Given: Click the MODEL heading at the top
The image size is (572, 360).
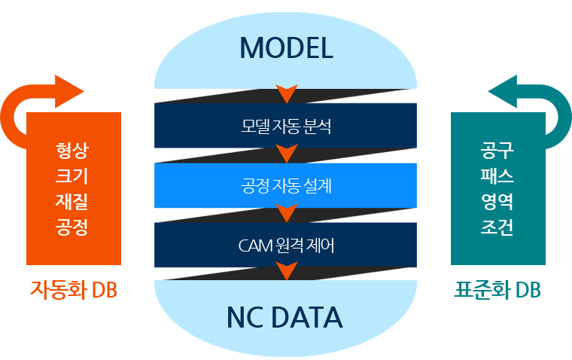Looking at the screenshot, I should coord(285,48).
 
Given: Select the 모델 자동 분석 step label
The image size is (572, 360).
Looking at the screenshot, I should coord(285,125).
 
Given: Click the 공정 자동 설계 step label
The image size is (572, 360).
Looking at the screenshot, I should coord(285,185).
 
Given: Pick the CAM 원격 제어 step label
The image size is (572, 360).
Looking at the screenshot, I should coord(285,246).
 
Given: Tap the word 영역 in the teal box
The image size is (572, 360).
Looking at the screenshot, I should coord(497,200).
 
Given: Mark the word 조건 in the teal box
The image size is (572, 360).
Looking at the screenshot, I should coord(497,226).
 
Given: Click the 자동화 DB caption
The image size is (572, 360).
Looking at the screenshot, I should coord(73,290).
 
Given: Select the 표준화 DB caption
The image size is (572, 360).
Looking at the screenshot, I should coord(497,290).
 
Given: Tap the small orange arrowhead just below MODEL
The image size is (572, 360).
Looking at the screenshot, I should coord(286,95).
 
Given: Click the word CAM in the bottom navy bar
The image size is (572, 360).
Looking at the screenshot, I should coord(252,246).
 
